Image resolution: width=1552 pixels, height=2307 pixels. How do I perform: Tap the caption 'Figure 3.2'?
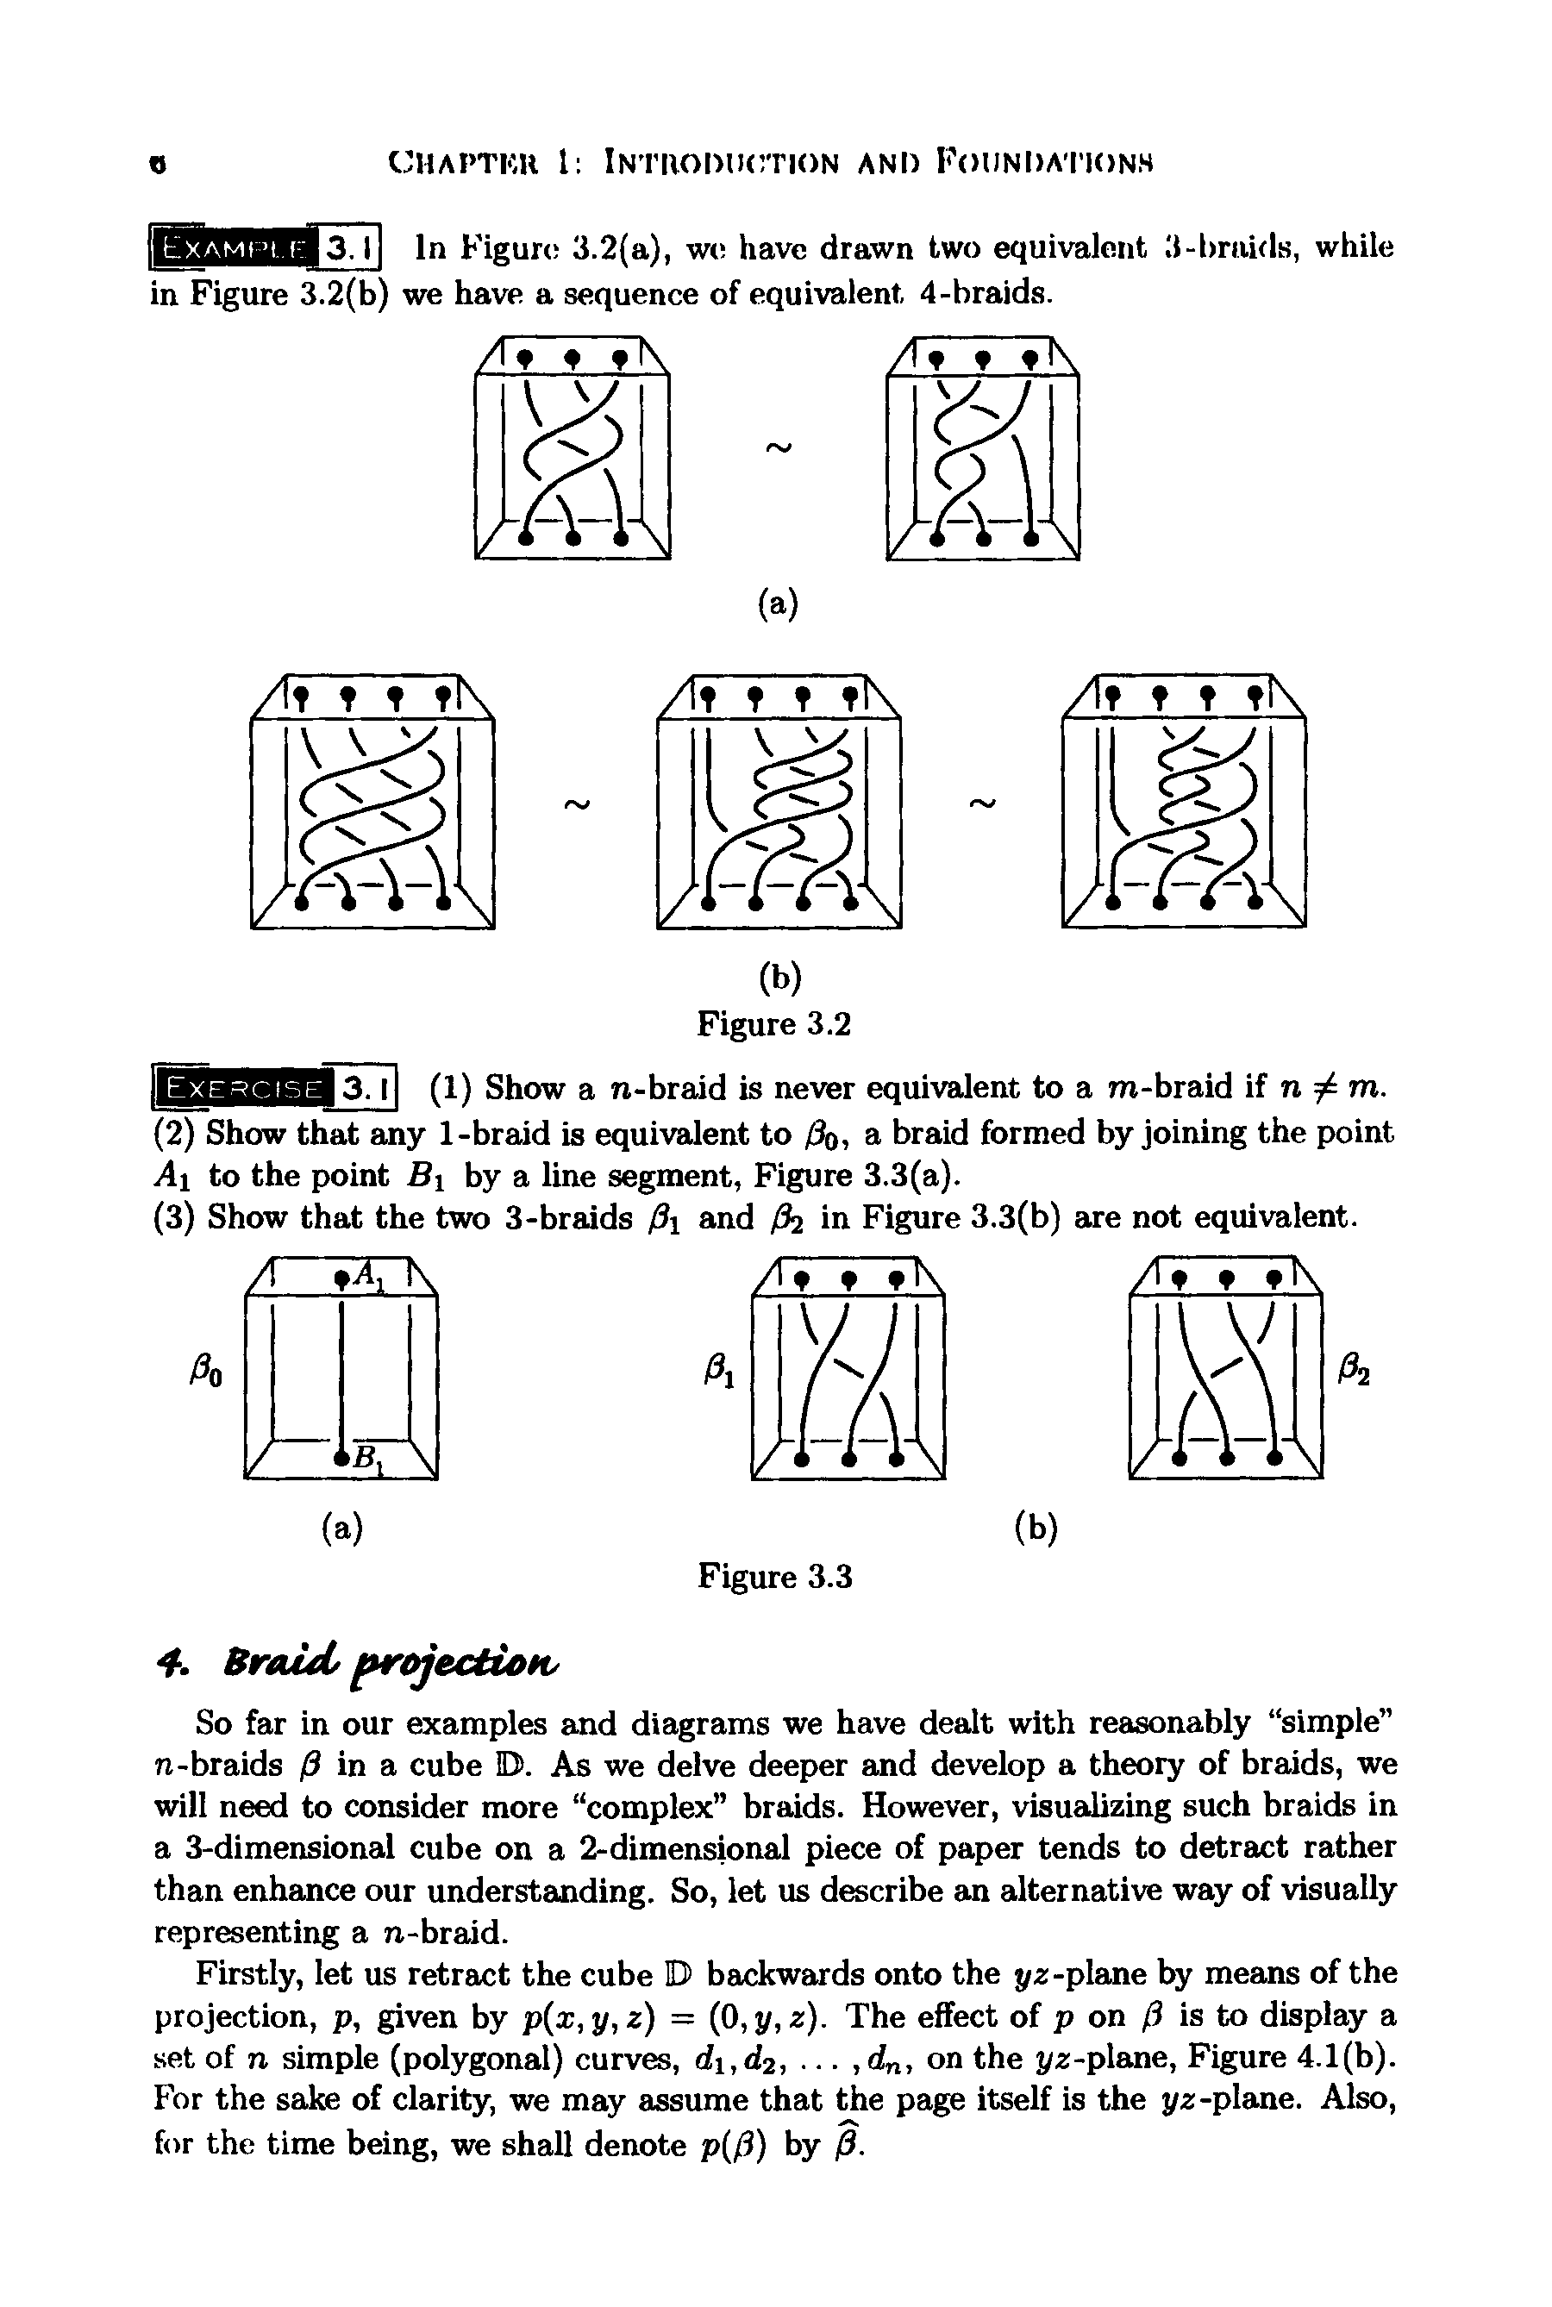774,1023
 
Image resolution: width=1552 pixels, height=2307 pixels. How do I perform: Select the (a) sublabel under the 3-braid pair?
778,603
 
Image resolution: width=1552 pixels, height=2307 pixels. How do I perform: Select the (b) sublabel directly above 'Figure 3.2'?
779,978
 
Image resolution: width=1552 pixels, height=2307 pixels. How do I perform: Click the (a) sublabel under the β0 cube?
342,1530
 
